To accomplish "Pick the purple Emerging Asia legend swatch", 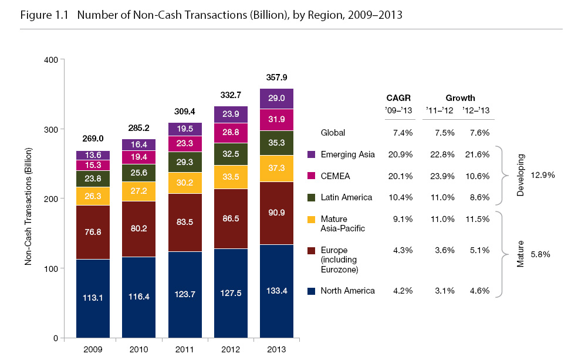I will (312, 154).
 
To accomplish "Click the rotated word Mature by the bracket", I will (520, 253).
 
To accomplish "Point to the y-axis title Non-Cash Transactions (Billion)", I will (28, 199).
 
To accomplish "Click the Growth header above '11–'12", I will (460, 98).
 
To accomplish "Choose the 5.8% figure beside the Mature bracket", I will (539, 255).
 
